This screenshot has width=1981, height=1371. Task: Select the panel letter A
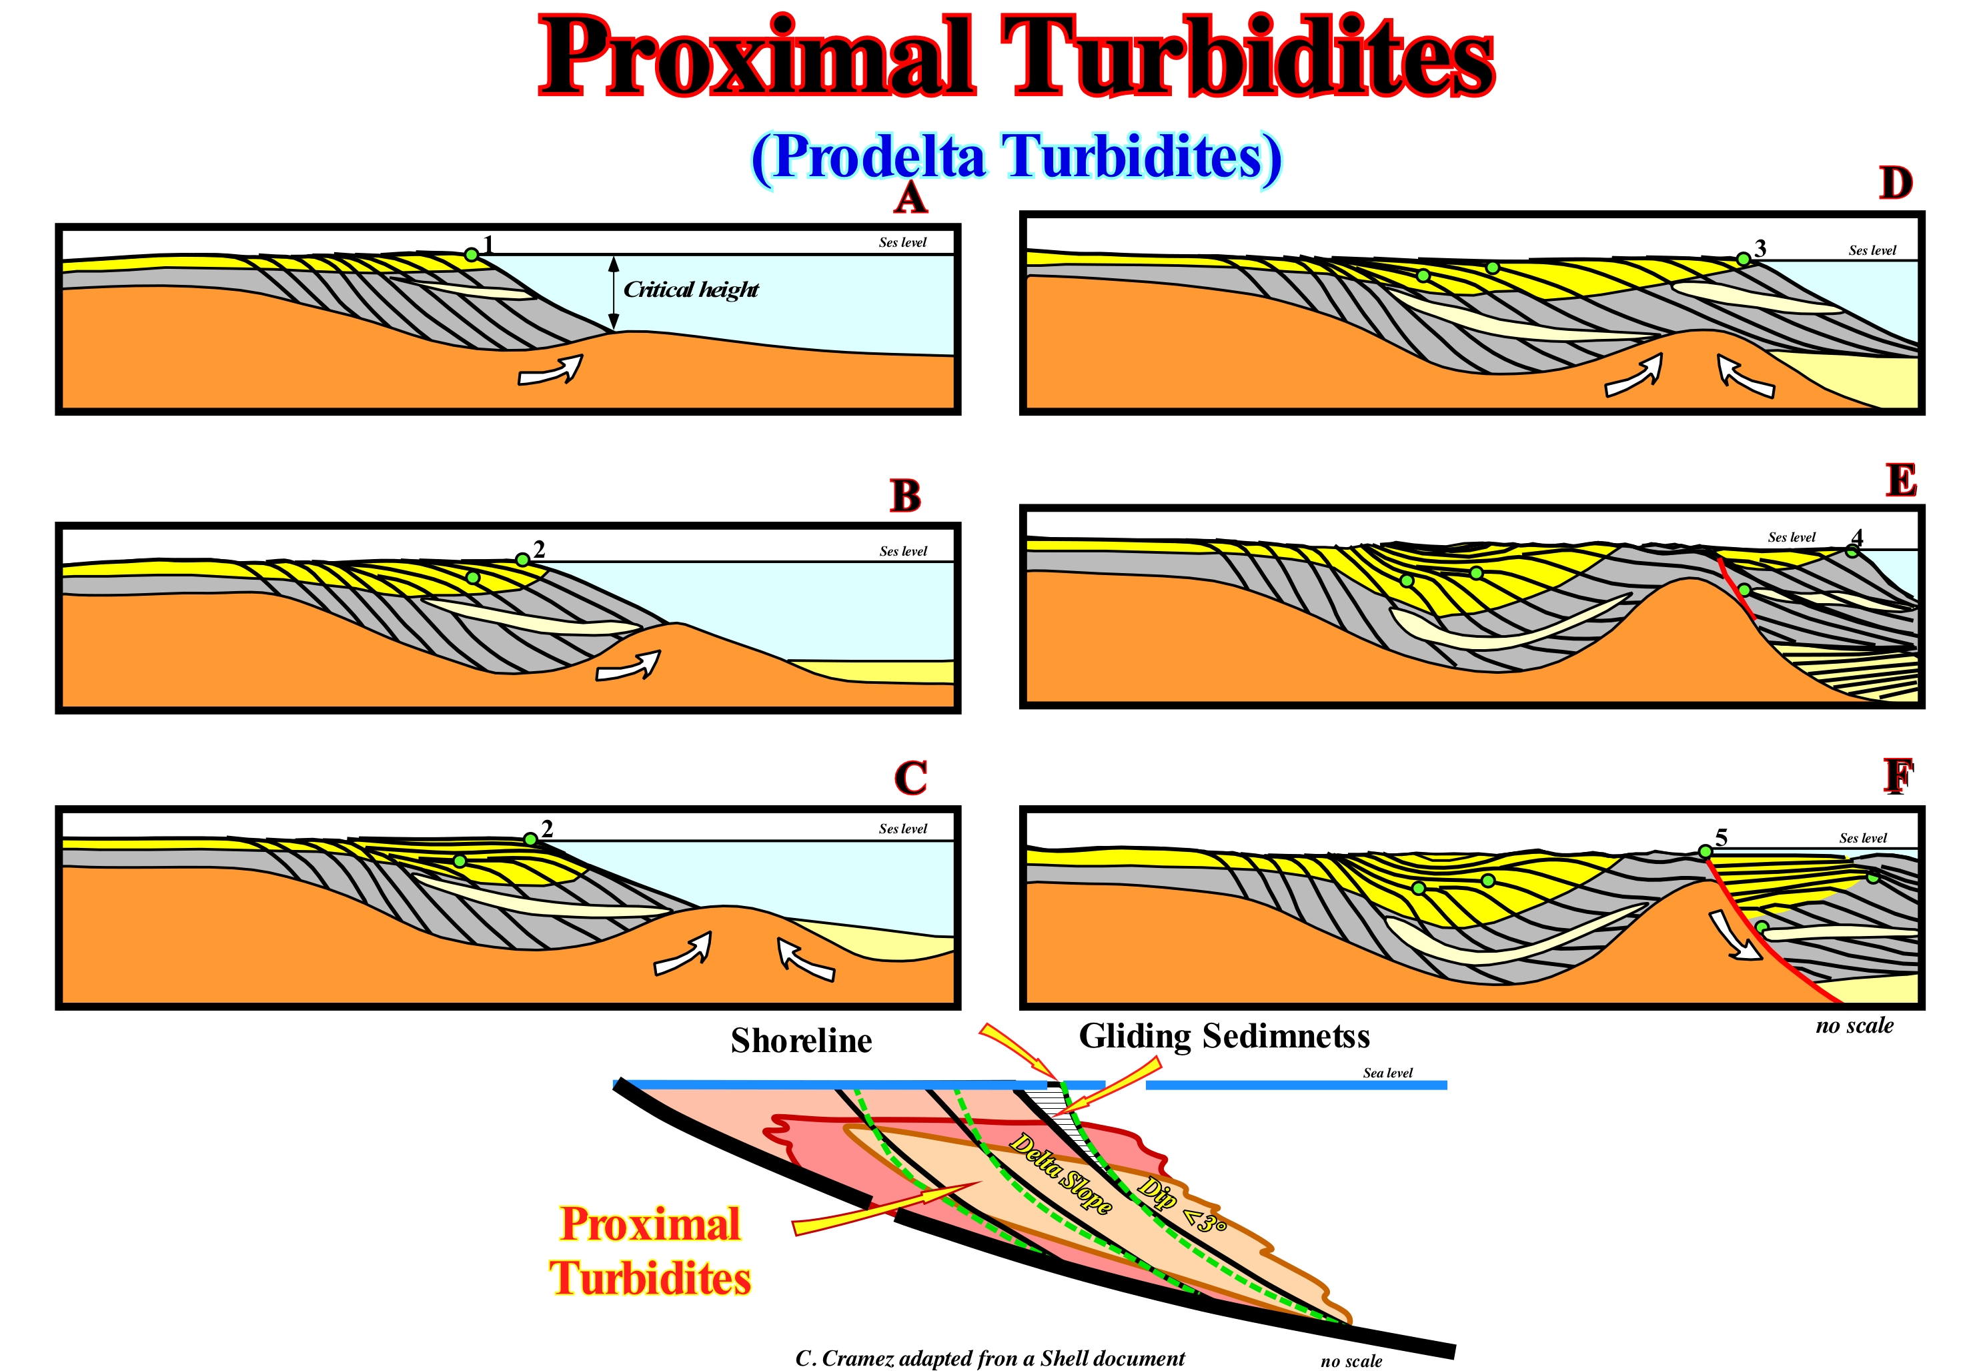coord(910,199)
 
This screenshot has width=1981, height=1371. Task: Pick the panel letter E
coord(1901,480)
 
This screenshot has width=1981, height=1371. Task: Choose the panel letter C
coord(910,779)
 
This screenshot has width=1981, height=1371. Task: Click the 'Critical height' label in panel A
coord(690,290)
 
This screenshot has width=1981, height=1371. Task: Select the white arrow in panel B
coord(630,666)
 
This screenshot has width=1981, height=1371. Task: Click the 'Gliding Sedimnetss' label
coord(1224,1036)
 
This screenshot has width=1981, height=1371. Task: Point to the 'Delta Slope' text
coord(1061,1173)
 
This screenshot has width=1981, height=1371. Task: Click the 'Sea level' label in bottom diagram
coord(1387,1073)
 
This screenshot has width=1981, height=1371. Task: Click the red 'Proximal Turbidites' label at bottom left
coord(650,1251)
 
